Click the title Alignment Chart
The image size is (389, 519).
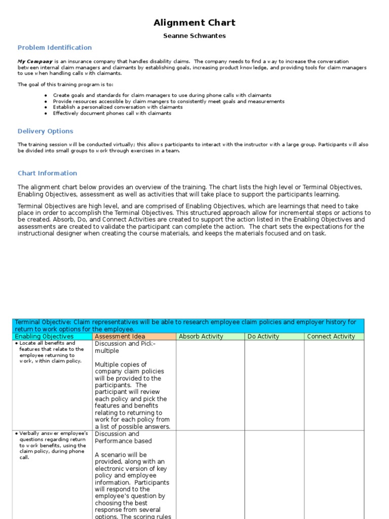pos(194,23)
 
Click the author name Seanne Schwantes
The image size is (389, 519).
pos(194,36)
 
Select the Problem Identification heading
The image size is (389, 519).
pos(55,48)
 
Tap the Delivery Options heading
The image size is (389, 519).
pos(46,131)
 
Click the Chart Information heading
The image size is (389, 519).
pos(48,173)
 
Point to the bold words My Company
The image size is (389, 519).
pos(35,61)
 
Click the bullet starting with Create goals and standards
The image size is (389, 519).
pos(162,95)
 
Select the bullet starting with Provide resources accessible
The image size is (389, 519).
pos(169,101)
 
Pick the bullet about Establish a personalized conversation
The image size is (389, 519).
pos(118,107)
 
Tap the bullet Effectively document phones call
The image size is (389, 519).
pos(112,114)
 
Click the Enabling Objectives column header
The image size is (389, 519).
pos(44,337)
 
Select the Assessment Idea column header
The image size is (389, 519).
pos(120,337)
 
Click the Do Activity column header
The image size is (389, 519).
pos(263,337)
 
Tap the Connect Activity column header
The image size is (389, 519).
pos(331,337)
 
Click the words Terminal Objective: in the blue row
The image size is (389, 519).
pos(44,322)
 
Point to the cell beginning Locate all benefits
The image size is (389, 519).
pos(51,352)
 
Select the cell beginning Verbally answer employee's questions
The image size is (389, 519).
pos(51,446)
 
